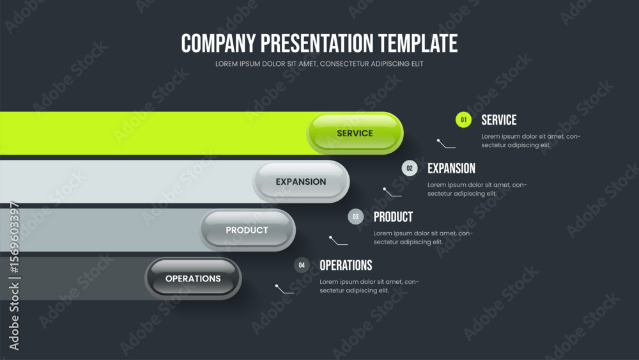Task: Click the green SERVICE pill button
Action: coord(355,133)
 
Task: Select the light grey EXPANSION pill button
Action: coord(301,182)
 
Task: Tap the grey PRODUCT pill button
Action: coord(247,230)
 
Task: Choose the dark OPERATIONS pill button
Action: coord(193,278)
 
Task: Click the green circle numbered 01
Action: coord(463,120)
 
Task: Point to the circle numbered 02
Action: coord(410,168)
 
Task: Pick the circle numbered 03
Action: coord(356,217)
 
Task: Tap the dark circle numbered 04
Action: coord(302,265)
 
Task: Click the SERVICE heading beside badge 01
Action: coord(499,120)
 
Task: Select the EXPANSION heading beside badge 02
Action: coord(451,168)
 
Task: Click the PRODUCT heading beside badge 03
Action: coord(393,217)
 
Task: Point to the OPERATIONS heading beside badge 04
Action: coord(346,265)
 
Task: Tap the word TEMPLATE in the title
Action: coord(418,43)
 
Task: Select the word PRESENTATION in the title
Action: coord(317,43)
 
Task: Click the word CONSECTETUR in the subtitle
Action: coord(344,63)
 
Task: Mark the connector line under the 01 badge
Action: coord(446,143)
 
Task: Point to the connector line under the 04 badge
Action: coord(284,289)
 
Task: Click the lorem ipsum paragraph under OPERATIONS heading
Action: coord(369,286)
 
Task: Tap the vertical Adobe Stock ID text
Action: coord(14,276)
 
